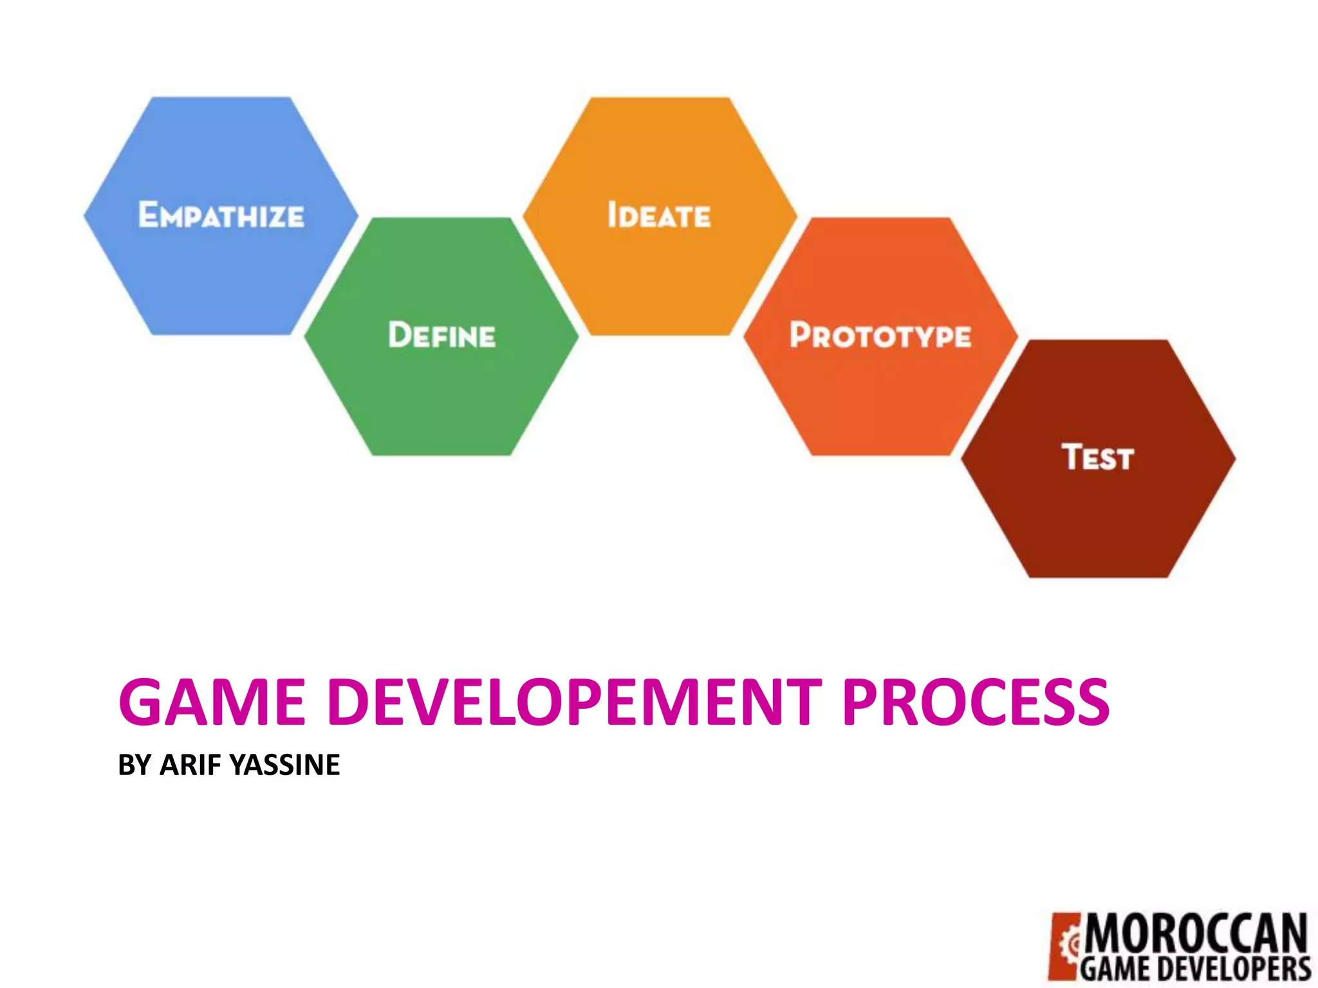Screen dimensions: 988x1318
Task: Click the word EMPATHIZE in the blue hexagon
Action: pyautogui.click(x=221, y=215)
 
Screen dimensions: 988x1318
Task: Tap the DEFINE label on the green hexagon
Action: pyautogui.click(x=441, y=335)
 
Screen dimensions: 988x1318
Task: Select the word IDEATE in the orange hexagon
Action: pyautogui.click(x=659, y=215)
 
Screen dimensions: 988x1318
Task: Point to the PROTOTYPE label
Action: pyautogui.click(x=880, y=335)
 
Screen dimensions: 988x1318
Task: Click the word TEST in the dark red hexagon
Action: pyautogui.click(x=1097, y=457)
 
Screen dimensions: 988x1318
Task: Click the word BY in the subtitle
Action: pyautogui.click(x=135, y=765)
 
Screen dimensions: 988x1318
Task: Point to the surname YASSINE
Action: pyautogui.click(x=284, y=765)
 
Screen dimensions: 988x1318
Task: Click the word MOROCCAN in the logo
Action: pyautogui.click(x=1196, y=934)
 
